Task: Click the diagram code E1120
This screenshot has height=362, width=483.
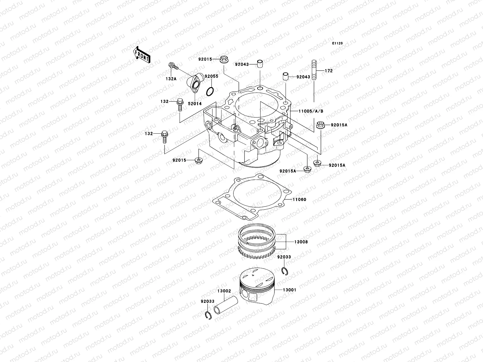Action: pos(338,43)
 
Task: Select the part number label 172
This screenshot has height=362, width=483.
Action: pos(328,71)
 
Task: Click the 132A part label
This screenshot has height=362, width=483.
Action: pos(171,79)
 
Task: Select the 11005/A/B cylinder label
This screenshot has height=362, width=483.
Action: pos(311,111)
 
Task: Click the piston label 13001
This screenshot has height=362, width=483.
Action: pos(289,290)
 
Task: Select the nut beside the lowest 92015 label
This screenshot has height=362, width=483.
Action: pos(199,160)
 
